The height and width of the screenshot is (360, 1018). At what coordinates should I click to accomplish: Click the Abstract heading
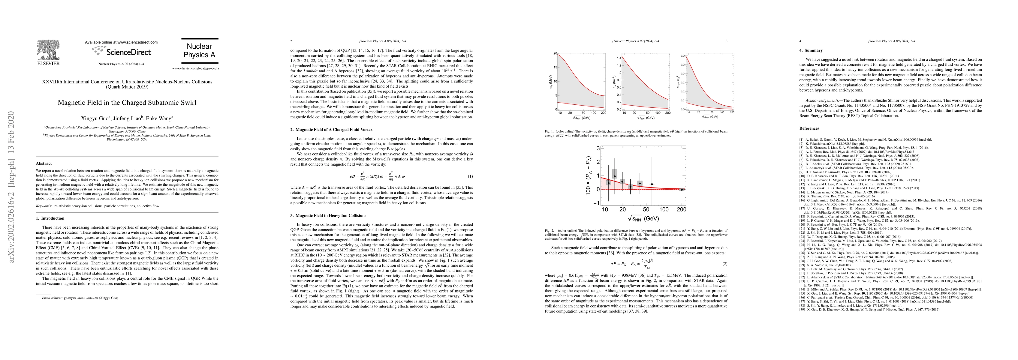point(44,163)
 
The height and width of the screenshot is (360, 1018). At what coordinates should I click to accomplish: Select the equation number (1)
point(470,176)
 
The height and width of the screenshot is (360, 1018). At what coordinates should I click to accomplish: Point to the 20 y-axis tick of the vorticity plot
point(555,53)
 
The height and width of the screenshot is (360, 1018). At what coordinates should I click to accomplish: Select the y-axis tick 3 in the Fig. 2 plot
point(598,148)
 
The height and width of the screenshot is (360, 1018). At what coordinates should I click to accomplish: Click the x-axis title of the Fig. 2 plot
point(643,218)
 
